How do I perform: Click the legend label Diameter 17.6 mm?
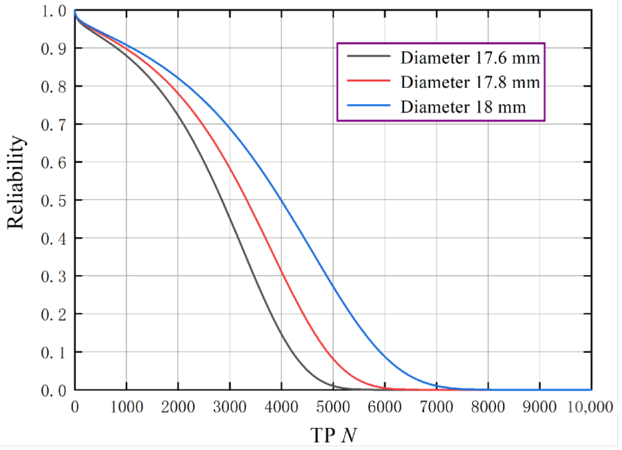tap(470, 58)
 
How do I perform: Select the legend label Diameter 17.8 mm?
tap(470, 82)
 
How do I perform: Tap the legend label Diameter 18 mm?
tap(463, 107)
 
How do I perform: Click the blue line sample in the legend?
tap(368, 105)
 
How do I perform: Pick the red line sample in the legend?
tap(368, 80)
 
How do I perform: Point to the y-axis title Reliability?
tap(16, 183)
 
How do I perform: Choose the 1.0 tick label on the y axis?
tap(54, 12)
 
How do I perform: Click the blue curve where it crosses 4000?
tap(282, 200)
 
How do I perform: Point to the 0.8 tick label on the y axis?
tap(54, 88)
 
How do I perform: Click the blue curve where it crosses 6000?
tap(385, 357)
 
